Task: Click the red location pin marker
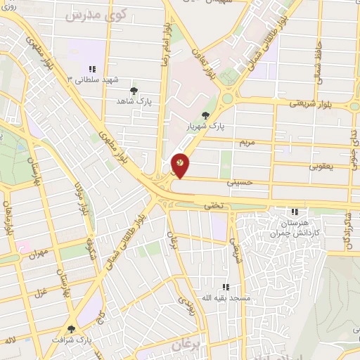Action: point(181,165)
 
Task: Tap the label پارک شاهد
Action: point(134,101)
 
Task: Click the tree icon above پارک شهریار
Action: point(205,115)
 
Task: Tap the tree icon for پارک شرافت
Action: point(71,328)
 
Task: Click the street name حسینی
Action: point(240,181)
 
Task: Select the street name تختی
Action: point(212,206)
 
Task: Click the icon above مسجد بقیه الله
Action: point(226,287)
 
